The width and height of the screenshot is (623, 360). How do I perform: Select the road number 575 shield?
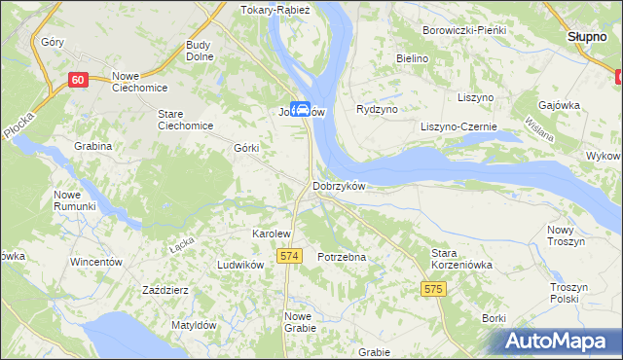point(434,289)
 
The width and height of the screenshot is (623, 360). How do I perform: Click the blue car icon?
point(302,110)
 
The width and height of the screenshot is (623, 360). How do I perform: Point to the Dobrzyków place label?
point(338,187)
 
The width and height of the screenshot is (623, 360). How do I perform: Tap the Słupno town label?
point(588,36)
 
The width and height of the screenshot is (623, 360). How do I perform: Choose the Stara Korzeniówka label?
point(462,258)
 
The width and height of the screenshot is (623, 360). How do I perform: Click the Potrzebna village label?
point(342,257)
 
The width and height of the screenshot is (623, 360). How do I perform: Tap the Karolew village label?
point(272,234)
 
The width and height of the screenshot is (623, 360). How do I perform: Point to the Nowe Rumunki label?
point(75,200)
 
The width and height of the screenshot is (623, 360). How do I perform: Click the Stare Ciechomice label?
point(184,120)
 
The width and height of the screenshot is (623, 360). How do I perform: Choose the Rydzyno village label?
point(380,109)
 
